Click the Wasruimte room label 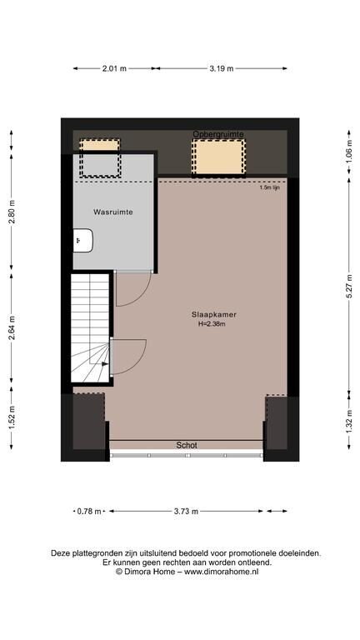113,212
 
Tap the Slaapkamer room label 214,315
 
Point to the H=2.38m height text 212,324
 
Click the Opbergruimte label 218,134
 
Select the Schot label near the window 187,445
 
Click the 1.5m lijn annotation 270,187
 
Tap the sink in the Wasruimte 83,240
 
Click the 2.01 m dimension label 114,68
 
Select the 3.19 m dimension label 222,68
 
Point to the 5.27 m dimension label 349,286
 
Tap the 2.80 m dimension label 12,212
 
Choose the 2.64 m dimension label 12,328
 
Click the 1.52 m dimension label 12,418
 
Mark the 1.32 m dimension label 349,421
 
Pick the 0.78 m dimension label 89,511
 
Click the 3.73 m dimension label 186,511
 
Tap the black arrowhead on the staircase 105,363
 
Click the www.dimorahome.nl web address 222,572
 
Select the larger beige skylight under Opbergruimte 218,157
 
